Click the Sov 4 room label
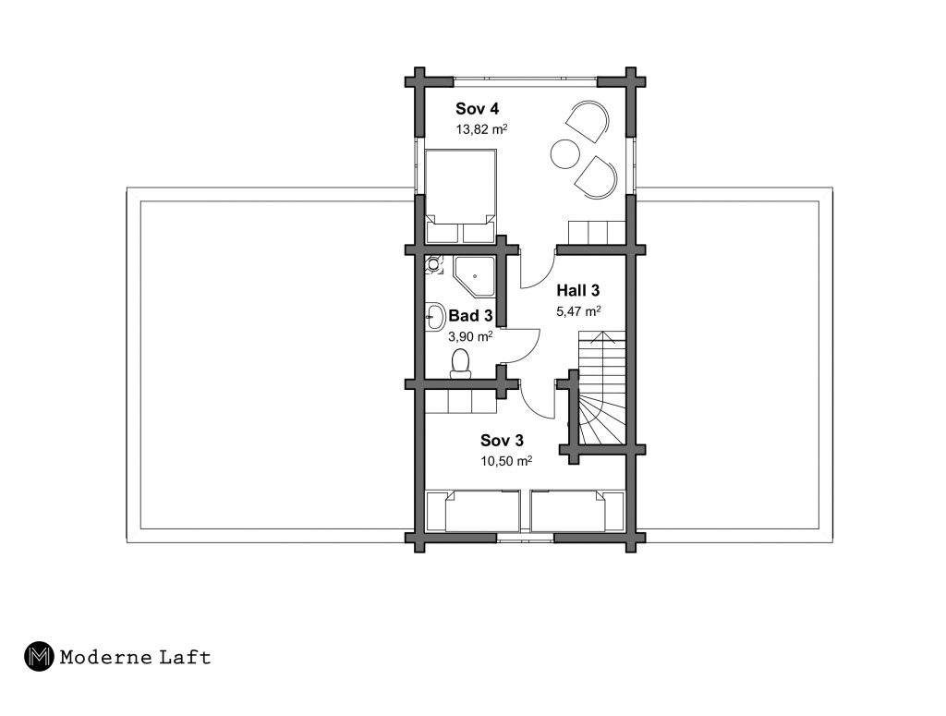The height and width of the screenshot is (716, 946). point(478,109)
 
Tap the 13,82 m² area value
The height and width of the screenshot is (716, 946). point(480,128)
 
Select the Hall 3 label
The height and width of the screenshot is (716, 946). point(578,290)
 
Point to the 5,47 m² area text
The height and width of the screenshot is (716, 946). point(578,311)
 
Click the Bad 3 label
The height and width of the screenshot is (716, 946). point(470,315)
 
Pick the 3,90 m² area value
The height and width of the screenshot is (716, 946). point(470,336)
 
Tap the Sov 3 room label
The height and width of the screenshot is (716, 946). point(502,441)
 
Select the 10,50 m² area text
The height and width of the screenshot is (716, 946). point(506,461)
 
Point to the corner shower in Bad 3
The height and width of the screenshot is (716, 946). point(474,275)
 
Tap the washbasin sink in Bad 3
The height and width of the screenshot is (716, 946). point(435,316)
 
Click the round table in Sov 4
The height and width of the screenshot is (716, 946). point(565,154)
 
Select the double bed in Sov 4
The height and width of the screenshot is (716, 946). point(461,196)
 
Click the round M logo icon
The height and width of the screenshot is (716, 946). point(39,656)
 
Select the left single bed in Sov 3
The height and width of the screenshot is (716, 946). point(473,510)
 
